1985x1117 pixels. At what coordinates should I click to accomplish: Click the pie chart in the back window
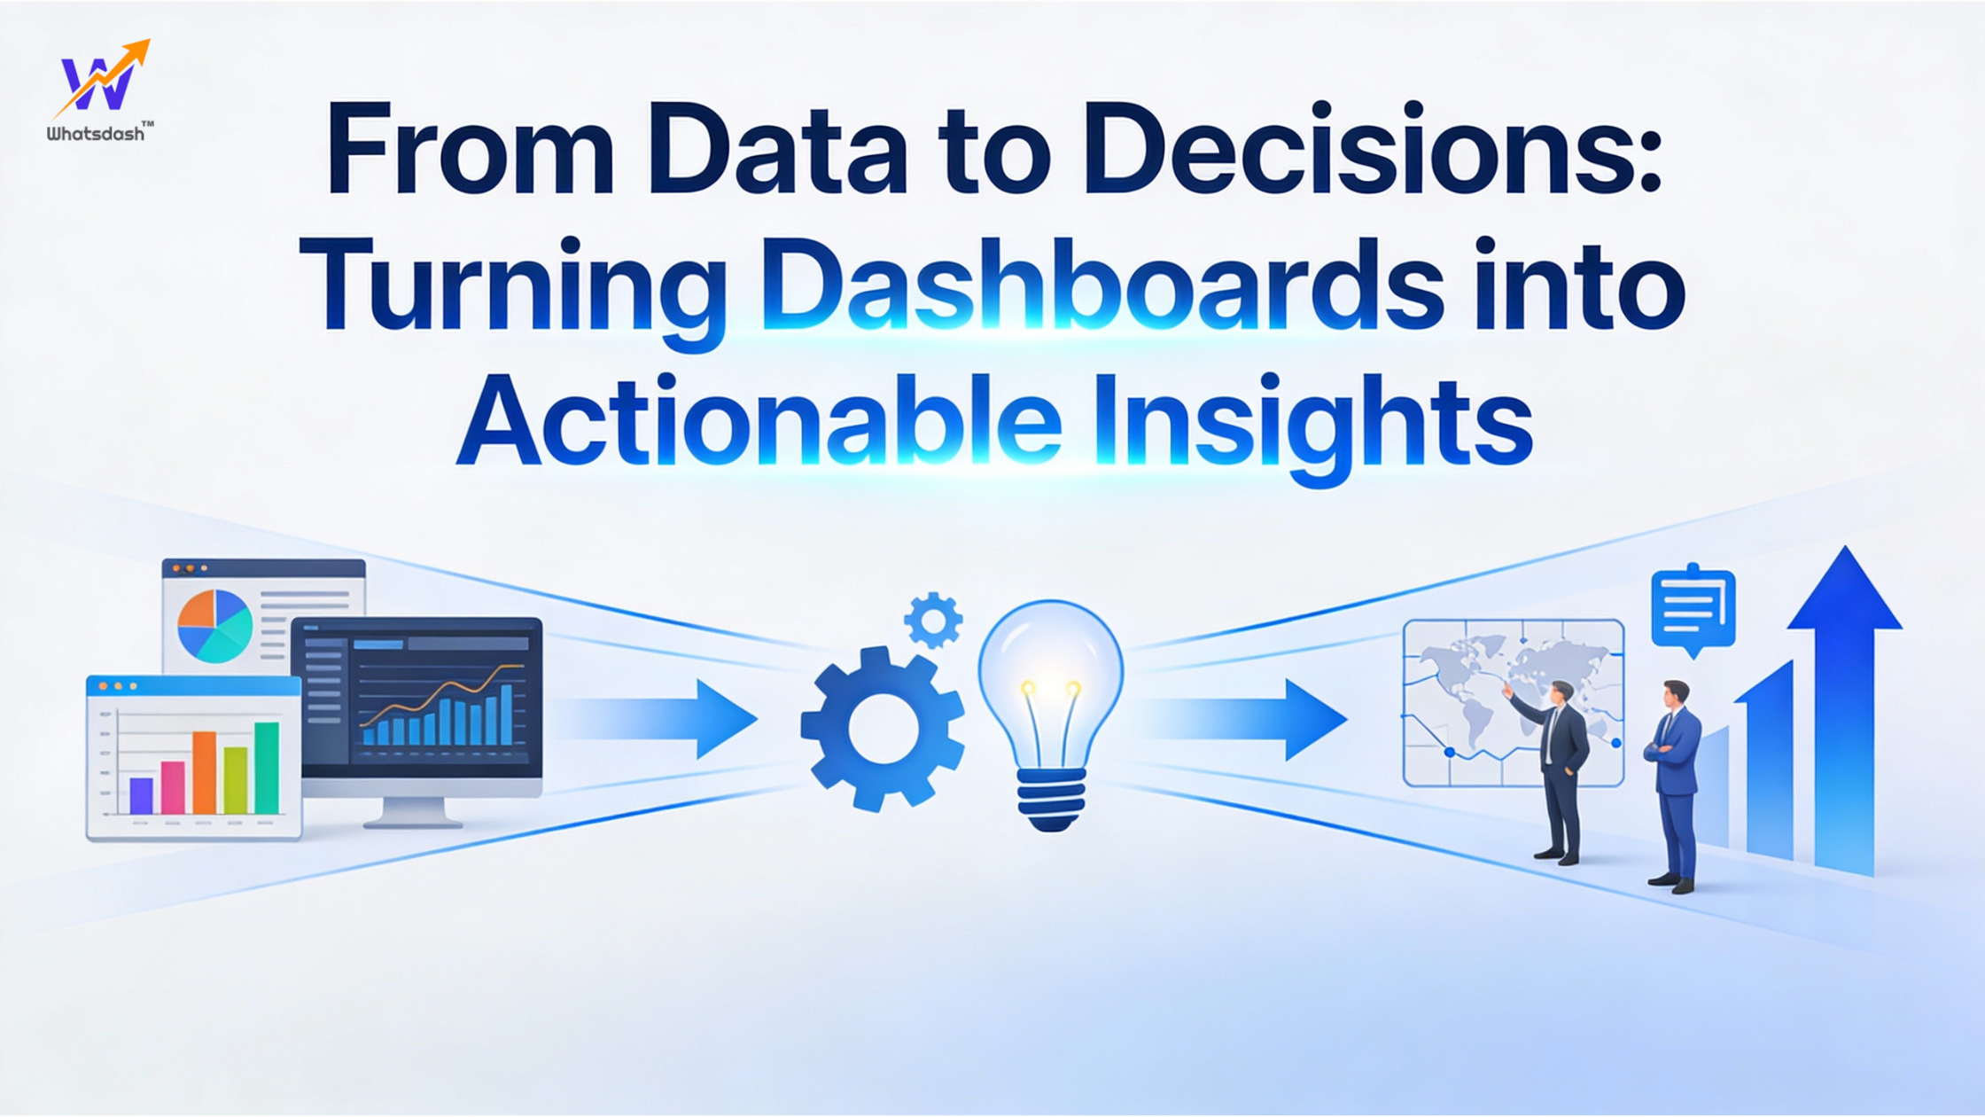[x=214, y=626]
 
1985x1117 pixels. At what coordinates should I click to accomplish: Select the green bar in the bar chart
[x=267, y=767]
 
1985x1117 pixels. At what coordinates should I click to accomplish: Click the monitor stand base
[x=413, y=820]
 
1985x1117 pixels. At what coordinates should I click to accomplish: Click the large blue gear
[x=882, y=729]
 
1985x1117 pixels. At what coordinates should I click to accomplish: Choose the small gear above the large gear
[x=933, y=620]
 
